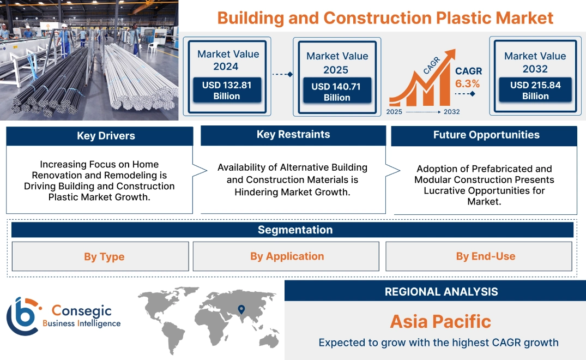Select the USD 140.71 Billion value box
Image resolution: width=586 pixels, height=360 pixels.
[337, 92]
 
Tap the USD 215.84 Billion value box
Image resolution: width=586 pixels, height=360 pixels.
[535, 91]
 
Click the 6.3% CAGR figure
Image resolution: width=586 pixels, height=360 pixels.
[468, 83]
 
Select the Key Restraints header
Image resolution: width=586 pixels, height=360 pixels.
[293, 135]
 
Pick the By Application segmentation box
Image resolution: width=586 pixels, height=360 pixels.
[287, 256]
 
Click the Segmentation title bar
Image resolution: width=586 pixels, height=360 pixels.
[295, 230]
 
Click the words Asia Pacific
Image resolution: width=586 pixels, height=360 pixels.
[440, 321]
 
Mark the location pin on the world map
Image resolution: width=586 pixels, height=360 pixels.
[240, 310]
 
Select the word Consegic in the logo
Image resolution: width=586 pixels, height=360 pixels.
[81, 311]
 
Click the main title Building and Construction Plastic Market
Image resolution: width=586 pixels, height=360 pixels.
[385, 18]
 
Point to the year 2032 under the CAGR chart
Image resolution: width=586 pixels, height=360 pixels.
[451, 112]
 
